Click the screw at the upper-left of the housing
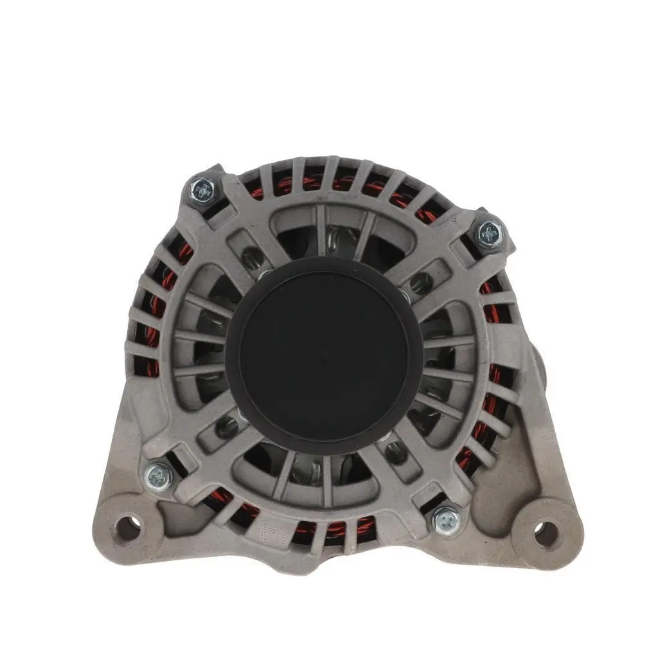(x=202, y=190)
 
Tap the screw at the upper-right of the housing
(x=490, y=232)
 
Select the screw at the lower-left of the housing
(x=157, y=477)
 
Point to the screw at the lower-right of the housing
(x=445, y=520)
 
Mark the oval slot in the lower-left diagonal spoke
(x=226, y=426)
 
